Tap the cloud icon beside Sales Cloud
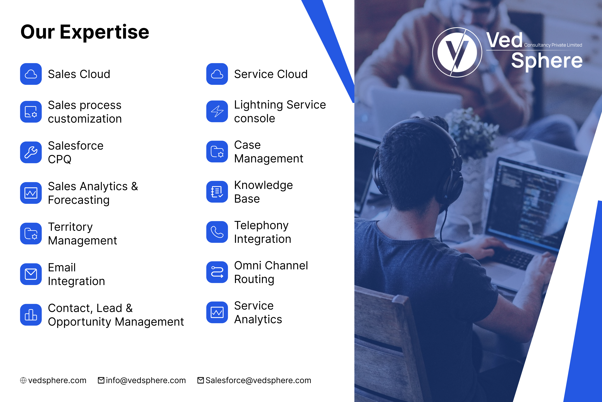31,74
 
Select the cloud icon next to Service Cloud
217,74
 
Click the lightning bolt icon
217,111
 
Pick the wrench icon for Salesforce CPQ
31,152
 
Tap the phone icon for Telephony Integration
217,232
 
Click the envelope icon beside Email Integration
31,274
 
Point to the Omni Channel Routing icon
217,272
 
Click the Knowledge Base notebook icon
217,192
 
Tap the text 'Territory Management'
82,234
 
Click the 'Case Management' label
268,152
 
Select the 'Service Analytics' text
258,312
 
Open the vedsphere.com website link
57,380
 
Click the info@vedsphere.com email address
146,380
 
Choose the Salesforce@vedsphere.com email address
258,380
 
